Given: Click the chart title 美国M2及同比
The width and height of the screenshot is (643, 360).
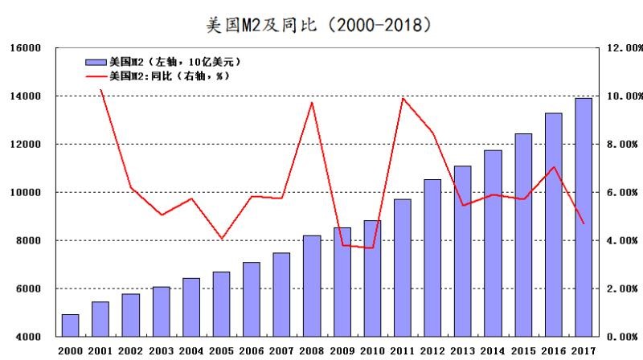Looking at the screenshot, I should pyautogui.click(x=321, y=23).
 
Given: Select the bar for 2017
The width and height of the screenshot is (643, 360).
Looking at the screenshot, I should pyautogui.click(x=584, y=217).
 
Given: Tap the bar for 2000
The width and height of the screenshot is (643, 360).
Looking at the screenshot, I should pyautogui.click(x=70, y=325).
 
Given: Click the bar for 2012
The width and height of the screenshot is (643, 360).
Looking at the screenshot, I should pyautogui.click(x=432, y=257).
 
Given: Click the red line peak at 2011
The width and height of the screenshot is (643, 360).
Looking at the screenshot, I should pyautogui.click(x=403, y=99).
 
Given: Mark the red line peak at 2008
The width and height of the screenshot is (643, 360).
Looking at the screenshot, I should pyautogui.click(x=312, y=102).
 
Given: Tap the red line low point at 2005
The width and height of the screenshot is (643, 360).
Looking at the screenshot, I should pyautogui.click(x=221, y=239).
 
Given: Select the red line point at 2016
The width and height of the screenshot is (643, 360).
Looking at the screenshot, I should pyautogui.click(x=554, y=167).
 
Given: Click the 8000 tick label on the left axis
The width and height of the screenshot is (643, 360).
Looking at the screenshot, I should pyautogui.click(x=27, y=240).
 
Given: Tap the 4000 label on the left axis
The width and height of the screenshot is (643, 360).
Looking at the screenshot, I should pyautogui.click(x=27, y=337).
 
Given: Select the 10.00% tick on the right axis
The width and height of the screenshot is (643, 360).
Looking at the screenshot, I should pyautogui.click(x=624, y=96).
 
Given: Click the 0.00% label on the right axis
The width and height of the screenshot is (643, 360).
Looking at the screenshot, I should pyautogui.click(x=624, y=337).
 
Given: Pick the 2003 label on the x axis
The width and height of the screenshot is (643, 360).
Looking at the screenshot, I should pyautogui.click(x=161, y=351).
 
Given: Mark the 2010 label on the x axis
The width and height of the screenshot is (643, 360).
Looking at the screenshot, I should pyautogui.click(x=372, y=351).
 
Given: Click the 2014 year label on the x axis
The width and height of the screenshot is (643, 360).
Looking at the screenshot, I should pyautogui.click(x=493, y=351).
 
